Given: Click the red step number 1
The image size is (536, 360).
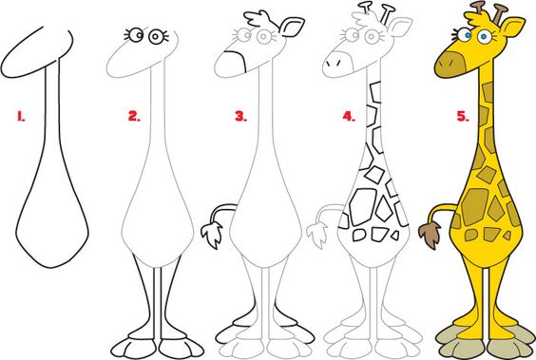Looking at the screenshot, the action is tap(21, 117).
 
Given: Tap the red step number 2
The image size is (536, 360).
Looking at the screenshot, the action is tap(134, 117).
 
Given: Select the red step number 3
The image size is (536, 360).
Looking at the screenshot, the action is tap(240, 117).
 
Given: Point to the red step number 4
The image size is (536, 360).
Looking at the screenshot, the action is tap(349, 117).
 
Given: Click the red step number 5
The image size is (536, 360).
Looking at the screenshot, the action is tap(463, 117).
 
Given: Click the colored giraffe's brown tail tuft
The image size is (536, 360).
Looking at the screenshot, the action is tap(430, 235).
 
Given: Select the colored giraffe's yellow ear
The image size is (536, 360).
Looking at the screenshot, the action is tap(512, 27).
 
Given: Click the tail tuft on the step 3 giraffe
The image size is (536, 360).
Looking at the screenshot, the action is tap(212, 235).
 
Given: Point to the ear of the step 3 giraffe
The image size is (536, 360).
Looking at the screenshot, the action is tap(292, 27).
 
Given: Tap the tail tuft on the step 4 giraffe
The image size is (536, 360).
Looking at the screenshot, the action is tap(317, 235).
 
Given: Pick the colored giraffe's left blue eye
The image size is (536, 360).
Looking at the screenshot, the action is tap(464, 35).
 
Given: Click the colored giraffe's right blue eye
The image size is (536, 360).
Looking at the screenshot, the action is tap(484, 36).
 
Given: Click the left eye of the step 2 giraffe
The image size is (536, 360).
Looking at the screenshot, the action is tap(136, 34).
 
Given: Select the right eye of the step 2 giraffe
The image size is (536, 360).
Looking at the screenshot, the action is tap(156, 36).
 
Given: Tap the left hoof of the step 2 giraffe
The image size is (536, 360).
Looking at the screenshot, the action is tap(134, 348).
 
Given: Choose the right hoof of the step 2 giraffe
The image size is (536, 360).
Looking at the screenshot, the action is tap(181, 348).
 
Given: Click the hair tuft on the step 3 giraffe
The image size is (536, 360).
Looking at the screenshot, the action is tap(259, 19).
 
